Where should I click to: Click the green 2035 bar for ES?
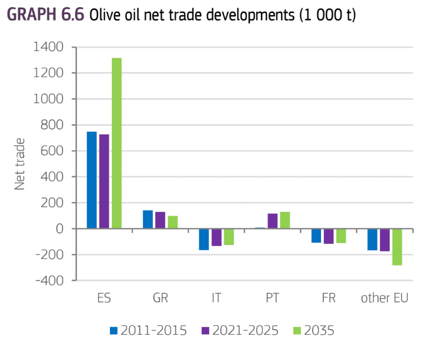[116, 143]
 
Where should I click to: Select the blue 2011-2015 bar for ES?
[92, 180]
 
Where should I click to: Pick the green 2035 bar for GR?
[173, 222]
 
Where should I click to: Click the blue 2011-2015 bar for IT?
[204, 239]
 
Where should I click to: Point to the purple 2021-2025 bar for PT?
[272, 221]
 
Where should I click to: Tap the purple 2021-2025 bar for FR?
[329, 236]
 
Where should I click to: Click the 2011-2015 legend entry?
[148, 330]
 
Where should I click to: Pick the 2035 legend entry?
[313, 330]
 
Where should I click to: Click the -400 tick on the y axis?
[56, 280]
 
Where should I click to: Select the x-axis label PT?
[272, 298]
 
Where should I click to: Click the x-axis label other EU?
[385, 298]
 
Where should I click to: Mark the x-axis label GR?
[160, 298]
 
